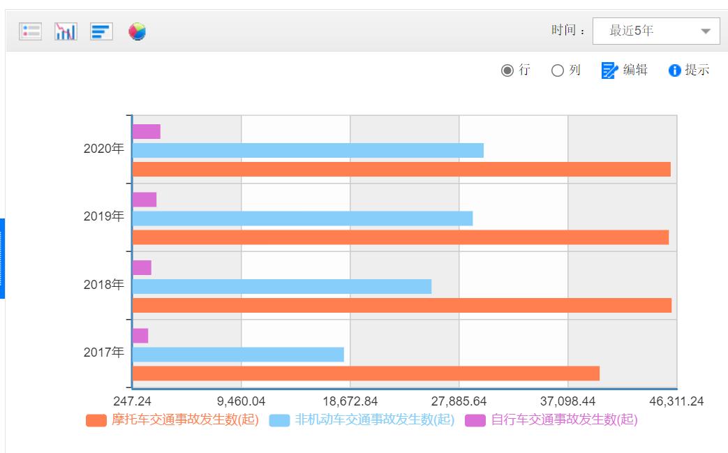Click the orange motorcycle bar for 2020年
401,169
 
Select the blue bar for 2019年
302,218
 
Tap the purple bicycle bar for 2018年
142,267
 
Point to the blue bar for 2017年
238,355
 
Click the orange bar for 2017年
366,373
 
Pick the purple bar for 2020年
147,131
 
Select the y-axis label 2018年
103,285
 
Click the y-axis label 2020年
103,149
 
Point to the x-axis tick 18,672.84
350,401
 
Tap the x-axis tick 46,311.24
676,401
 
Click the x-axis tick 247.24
132,401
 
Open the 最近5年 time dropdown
655,31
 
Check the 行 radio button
507,70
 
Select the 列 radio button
558,70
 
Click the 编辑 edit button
625,70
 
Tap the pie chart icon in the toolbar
138,31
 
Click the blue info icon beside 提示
674,70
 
